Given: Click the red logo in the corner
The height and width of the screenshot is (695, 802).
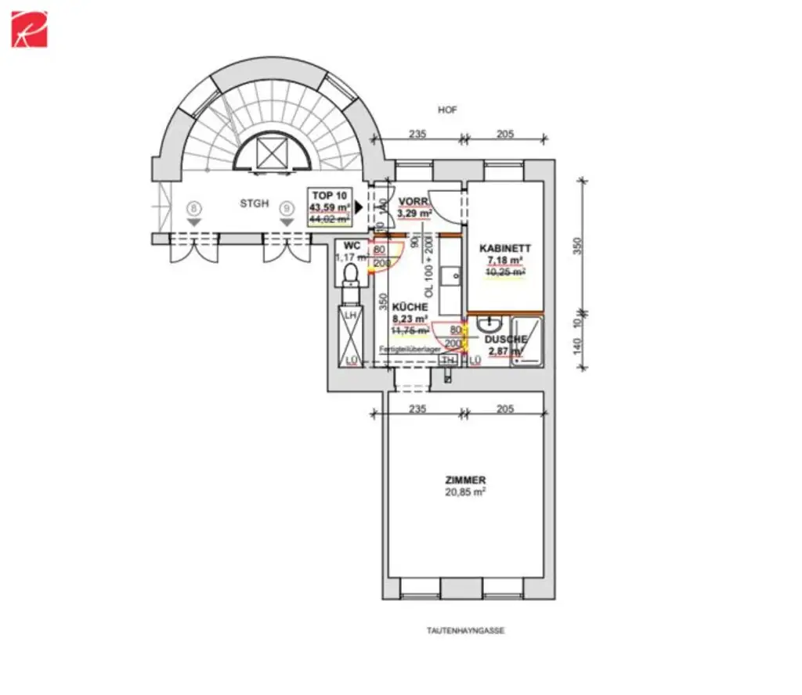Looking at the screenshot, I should click(x=29, y=29).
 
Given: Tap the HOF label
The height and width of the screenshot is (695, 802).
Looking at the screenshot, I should click(x=447, y=110).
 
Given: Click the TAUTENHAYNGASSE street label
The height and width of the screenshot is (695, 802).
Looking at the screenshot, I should click(x=466, y=630).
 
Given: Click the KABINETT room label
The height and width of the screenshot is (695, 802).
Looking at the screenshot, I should click(x=505, y=248).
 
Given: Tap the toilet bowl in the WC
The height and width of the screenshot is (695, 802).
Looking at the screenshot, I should click(x=350, y=273).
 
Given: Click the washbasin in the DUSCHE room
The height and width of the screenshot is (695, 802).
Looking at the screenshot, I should click(x=490, y=322).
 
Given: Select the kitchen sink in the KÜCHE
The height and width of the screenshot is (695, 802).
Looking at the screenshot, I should click(x=451, y=275).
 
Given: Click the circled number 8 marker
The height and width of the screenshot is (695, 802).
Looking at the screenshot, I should click(x=195, y=208).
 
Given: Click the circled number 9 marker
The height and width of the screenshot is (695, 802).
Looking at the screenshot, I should click(x=287, y=208).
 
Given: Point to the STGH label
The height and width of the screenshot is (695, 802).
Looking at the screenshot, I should click(x=255, y=203).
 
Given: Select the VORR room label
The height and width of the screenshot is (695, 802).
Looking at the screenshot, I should click(x=411, y=201).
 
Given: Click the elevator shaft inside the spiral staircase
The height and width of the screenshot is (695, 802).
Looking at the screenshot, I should click(x=272, y=152).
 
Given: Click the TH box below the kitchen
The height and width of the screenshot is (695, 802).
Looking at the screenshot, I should click(x=449, y=360).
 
